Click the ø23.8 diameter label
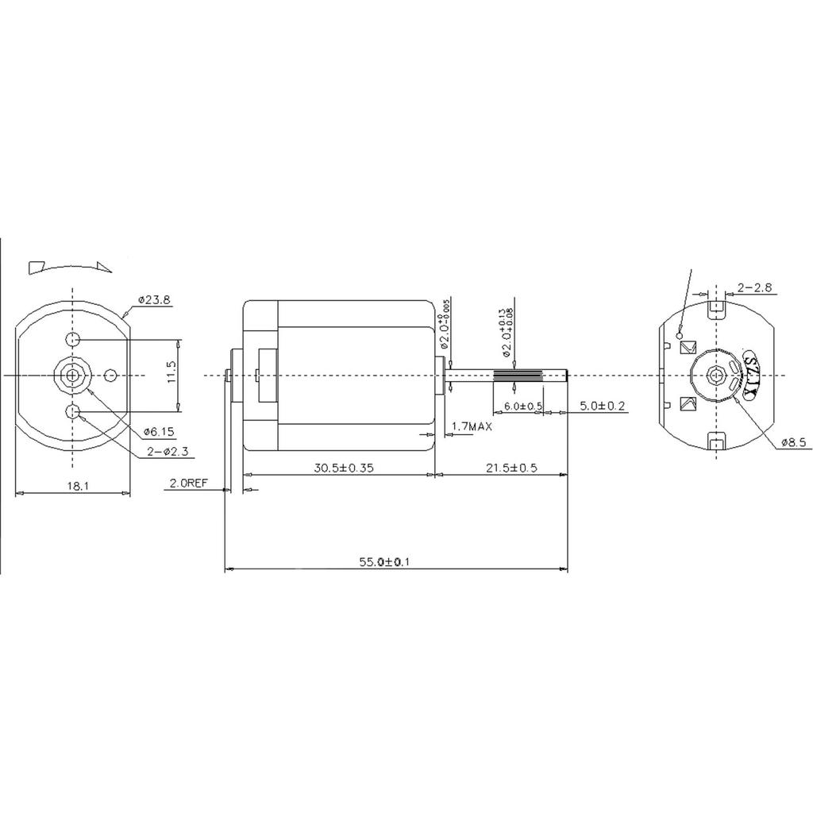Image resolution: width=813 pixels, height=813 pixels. coord(155,300)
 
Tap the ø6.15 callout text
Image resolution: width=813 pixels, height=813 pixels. coord(159,432)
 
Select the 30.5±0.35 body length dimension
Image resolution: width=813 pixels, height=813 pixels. coord(340,468)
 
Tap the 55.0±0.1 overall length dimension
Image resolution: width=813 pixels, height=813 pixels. coord(384,562)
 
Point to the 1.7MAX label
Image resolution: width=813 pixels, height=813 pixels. coord(472,427)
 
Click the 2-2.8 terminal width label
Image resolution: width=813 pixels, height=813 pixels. coord(754,287)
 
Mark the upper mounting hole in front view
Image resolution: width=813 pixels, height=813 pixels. coord(74,341)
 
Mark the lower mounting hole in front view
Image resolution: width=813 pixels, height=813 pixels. coord(74,411)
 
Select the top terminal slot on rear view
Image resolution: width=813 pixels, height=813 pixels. coord(718,305)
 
